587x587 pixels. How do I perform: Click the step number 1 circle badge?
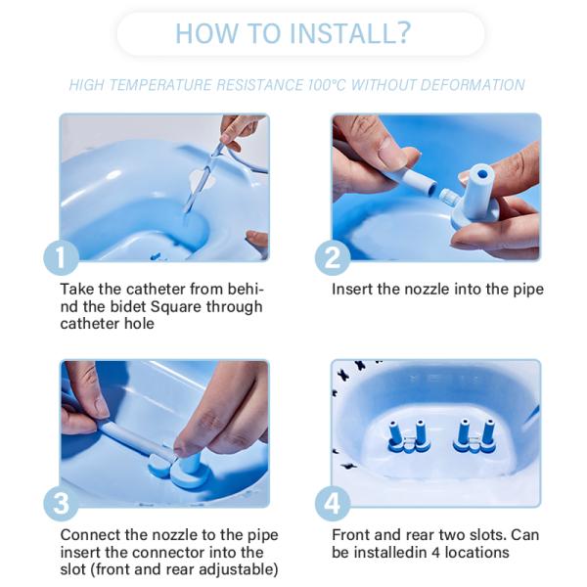pyautogui.click(x=61, y=257)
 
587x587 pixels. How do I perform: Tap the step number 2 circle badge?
pyautogui.click(x=333, y=257)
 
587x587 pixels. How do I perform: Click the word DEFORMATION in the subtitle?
pyautogui.click(x=470, y=85)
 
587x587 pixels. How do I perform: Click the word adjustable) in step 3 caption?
pyautogui.click(x=235, y=569)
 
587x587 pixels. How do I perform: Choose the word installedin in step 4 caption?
pyautogui.click(x=395, y=553)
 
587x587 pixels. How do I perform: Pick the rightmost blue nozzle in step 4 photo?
pyautogui.click(x=487, y=431)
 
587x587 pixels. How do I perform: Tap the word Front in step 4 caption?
pyautogui.click(x=351, y=535)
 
